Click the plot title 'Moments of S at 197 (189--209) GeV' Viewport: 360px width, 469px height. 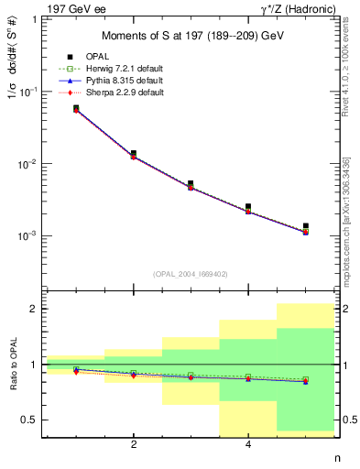pos(191,37)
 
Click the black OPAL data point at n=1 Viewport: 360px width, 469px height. pos(76,108)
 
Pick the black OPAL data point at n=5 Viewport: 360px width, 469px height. pos(305,226)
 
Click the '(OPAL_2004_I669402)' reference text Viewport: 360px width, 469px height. pos(191,273)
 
